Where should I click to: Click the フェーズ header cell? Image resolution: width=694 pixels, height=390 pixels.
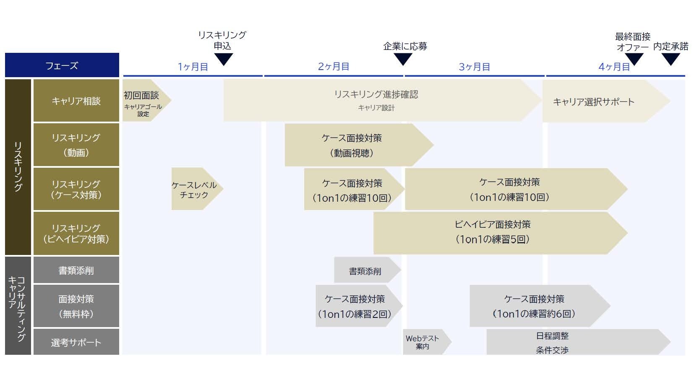click(62, 65)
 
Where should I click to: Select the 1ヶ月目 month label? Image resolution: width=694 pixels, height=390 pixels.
click(193, 67)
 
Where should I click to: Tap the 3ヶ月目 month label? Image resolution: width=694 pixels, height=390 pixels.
click(474, 67)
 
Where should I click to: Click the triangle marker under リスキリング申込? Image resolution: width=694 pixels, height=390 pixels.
click(223, 59)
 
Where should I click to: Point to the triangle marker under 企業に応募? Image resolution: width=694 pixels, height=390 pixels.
click(403, 59)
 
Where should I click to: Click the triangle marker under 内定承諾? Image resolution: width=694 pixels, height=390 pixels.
click(671, 59)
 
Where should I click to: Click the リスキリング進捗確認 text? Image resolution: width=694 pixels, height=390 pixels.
click(376, 94)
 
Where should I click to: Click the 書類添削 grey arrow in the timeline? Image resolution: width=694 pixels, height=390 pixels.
click(365, 271)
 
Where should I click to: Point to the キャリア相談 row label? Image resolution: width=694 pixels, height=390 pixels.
click(76, 101)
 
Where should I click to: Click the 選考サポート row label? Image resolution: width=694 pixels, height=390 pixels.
click(76, 343)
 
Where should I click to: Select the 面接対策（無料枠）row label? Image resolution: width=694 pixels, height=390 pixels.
click(76, 306)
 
